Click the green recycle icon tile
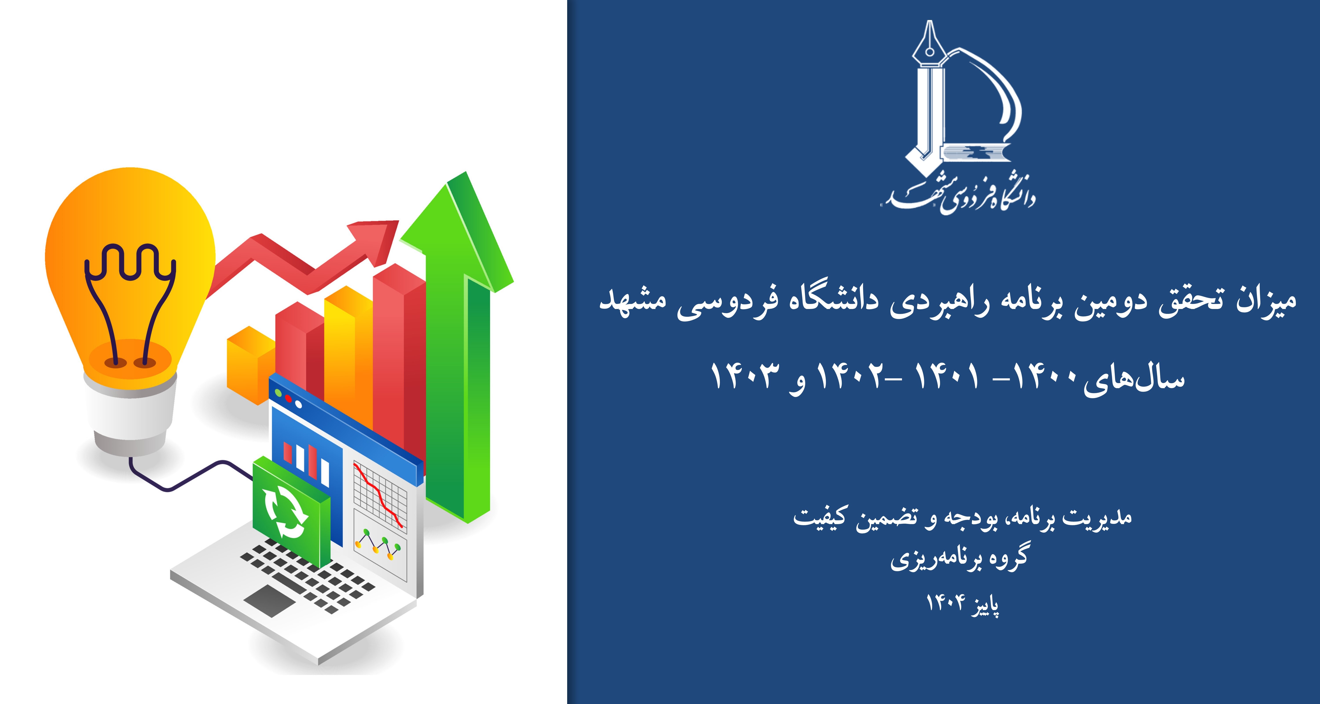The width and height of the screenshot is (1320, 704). pos(291,512)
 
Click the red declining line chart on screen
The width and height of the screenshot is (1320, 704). pos(379,494)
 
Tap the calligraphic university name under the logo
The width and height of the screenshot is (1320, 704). pos(958,197)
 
